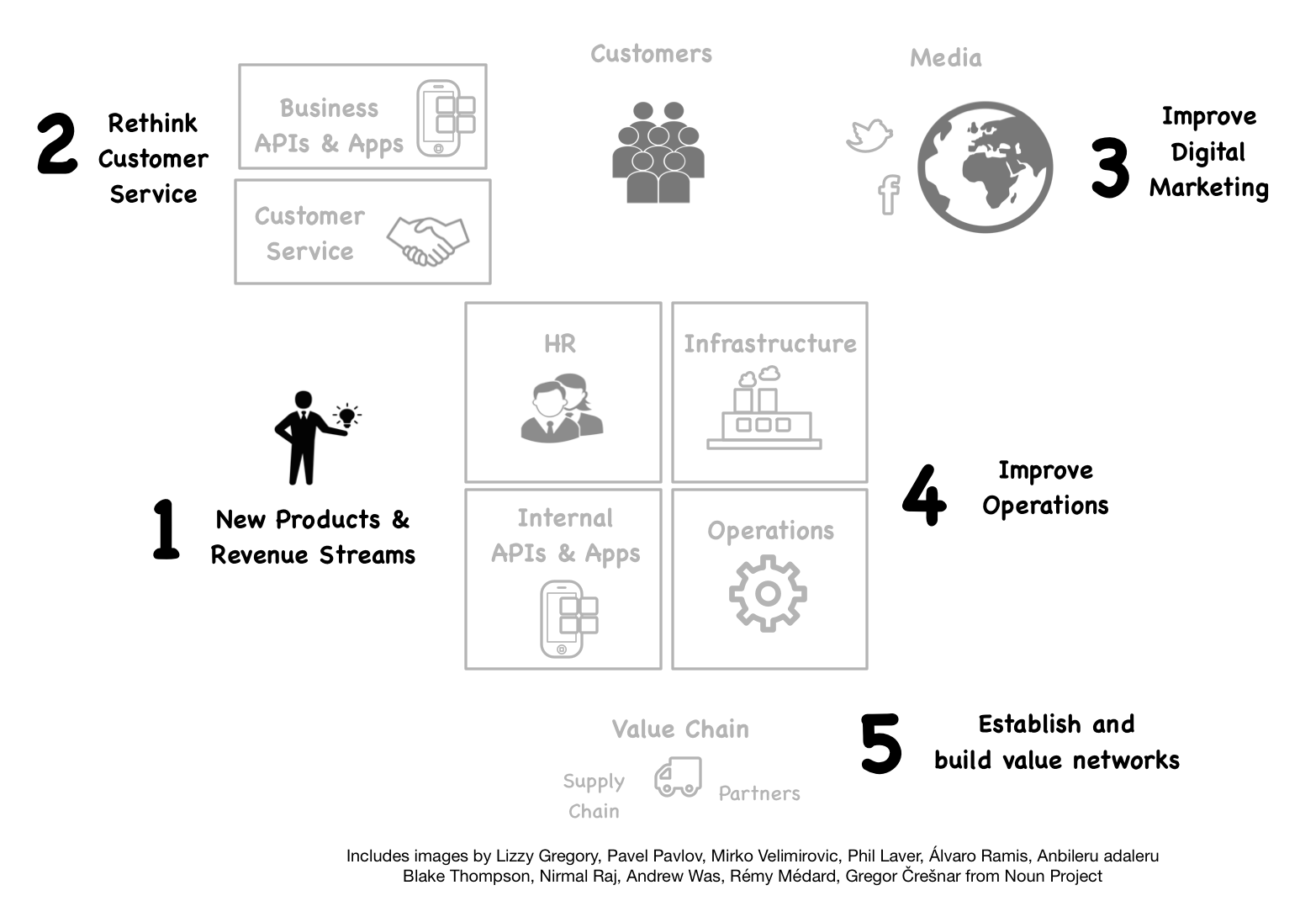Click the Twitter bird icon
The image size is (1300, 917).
(869, 135)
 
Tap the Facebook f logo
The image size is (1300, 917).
(889, 194)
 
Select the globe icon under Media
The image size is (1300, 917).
(985, 167)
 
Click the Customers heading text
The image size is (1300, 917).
(651, 54)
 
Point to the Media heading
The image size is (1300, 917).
(945, 58)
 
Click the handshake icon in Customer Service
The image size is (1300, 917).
(428, 241)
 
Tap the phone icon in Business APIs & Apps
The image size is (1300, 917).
(445, 118)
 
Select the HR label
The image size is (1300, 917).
(560, 344)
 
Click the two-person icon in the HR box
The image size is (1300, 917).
(562, 408)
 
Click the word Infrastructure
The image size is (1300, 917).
(769, 344)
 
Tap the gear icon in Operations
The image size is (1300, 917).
(768, 594)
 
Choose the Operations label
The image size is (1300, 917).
(770, 531)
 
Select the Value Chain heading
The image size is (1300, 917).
(679, 729)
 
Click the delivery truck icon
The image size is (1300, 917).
(678, 777)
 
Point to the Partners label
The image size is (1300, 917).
(759, 793)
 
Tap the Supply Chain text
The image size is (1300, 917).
(594, 796)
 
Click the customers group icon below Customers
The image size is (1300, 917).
(658, 153)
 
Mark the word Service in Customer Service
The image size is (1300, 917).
(309, 252)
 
